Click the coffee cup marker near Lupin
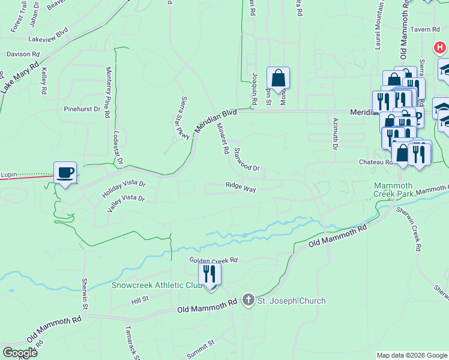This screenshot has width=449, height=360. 65,173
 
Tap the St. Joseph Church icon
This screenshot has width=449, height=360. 249,301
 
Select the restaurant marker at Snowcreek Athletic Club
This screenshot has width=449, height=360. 209,274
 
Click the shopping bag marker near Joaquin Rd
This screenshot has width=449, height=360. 278,78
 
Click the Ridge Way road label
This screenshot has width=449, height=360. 241,188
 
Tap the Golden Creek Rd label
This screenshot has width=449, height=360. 214,260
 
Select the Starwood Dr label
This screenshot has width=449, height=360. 246,159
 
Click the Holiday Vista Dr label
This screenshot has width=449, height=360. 124,187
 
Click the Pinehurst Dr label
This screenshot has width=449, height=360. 82,109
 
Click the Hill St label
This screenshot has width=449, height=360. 140,301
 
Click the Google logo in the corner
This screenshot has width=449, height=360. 20,353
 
